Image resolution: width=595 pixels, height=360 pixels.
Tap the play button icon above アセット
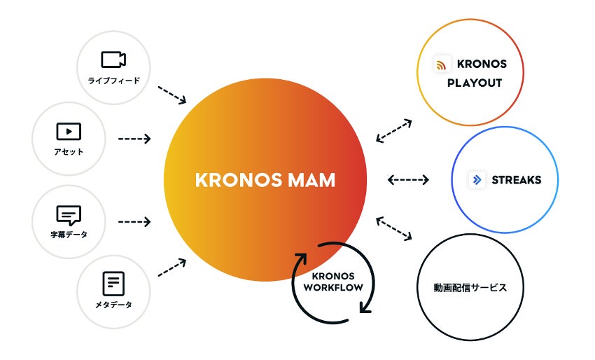pos(68,131)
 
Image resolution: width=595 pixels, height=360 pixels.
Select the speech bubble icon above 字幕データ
pos(68,214)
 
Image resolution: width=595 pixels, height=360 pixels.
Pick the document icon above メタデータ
pos(113,284)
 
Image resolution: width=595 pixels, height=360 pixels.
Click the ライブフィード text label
pos(113,81)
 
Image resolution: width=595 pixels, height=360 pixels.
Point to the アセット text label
pos(68,151)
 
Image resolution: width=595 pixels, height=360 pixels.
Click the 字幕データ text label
pos(68,235)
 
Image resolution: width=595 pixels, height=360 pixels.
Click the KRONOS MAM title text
pos(265,180)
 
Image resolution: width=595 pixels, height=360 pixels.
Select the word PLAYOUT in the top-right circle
pos(475,83)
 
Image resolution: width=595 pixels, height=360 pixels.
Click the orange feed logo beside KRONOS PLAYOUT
pos(442,65)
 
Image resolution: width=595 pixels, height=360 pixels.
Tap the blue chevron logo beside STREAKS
pos(477,180)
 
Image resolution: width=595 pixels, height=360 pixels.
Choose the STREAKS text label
pos(517,180)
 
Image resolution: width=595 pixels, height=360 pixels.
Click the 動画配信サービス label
pos(470,288)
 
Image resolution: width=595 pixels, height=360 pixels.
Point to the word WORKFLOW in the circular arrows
pos(333,288)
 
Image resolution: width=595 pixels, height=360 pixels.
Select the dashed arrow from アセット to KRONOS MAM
pos(134,139)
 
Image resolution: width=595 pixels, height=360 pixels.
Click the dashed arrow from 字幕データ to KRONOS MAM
pos(134,222)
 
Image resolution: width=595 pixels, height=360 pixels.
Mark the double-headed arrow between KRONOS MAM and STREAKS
pos(408,180)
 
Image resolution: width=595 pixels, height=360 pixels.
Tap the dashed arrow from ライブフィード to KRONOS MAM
pos(171,95)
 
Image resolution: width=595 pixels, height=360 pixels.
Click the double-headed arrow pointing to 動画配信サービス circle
pos(393,230)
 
